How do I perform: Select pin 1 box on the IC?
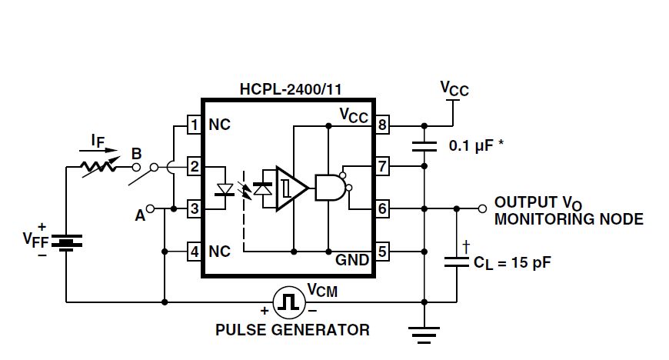pyautogui.click(x=195, y=125)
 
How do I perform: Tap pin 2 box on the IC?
pyautogui.click(x=195, y=165)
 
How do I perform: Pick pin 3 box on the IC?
pyautogui.click(x=195, y=208)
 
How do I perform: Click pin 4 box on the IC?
pyautogui.click(x=195, y=251)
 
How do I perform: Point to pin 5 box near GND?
pyautogui.click(x=382, y=251)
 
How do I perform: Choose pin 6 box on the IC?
pyautogui.click(x=382, y=208)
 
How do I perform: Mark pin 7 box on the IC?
pyautogui.click(x=382, y=165)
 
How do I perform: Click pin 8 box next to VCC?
pyautogui.click(x=382, y=125)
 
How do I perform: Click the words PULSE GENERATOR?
pyautogui.click(x=291, y=330)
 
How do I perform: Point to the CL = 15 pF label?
pyautogui.click(x=512, y=263)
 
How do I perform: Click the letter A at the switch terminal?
pyautogui.click(x=140, y=216)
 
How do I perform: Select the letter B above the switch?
pyautogui.click(x=136, y=153)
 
